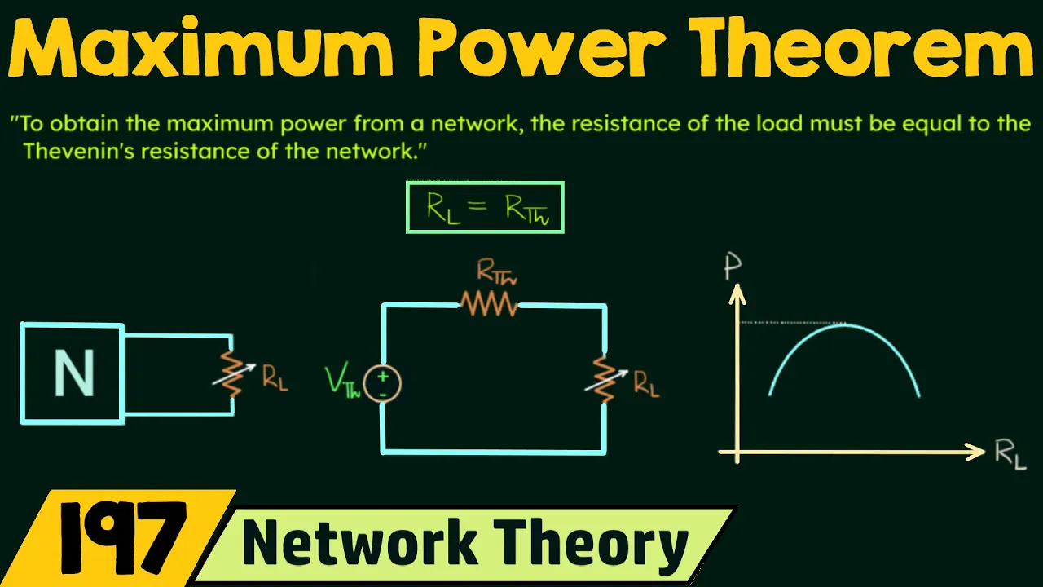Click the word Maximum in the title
coord(201,47)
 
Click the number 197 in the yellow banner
coord(122,538)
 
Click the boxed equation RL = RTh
coord(485,207)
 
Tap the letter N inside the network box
coord(74,373)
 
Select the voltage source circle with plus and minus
coord(382,384)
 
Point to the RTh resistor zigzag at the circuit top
coord(489,304)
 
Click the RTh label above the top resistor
coord(496,272)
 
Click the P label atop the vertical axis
coord(733,267)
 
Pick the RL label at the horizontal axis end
coord(1010,455)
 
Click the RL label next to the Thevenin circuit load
coord(646,385)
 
